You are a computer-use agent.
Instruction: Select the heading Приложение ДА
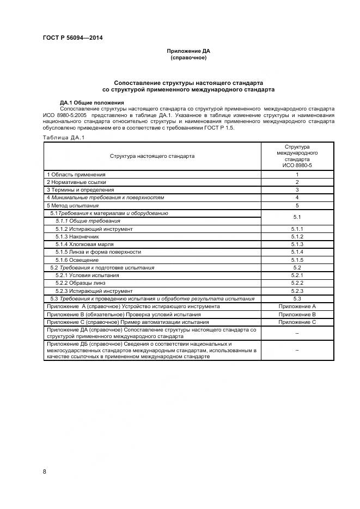(188, 51)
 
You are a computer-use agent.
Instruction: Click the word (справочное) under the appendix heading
(188, 57)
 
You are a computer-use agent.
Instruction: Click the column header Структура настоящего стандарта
(152, 156)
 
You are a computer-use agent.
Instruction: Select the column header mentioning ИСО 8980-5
(297, 156)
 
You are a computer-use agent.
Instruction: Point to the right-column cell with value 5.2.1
(297, 275)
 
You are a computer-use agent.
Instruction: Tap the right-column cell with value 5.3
(297, 299)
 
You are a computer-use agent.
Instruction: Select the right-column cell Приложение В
(297, 314)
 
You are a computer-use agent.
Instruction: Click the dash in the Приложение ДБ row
(297, 351)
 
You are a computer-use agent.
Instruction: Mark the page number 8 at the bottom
(45, 471)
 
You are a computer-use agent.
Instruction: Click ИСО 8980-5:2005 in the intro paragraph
(66, 115)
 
